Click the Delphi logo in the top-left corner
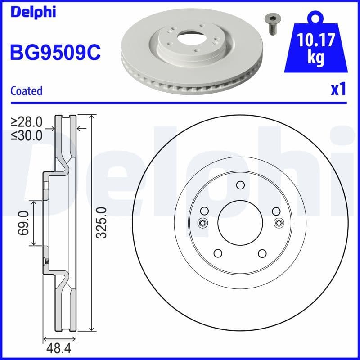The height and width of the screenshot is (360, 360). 32,12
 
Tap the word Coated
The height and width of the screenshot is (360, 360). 26,91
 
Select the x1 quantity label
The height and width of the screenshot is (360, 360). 338,90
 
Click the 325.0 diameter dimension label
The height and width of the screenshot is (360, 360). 101,223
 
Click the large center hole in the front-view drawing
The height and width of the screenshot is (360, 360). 240,222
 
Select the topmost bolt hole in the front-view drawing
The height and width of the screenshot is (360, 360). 240,185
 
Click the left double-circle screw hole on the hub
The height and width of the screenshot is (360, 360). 202,222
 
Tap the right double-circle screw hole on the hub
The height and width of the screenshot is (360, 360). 279,222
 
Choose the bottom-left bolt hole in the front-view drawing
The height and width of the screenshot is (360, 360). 217,253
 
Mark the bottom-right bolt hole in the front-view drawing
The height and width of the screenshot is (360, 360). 263,253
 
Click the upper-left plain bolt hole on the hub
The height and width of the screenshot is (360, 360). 205,211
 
